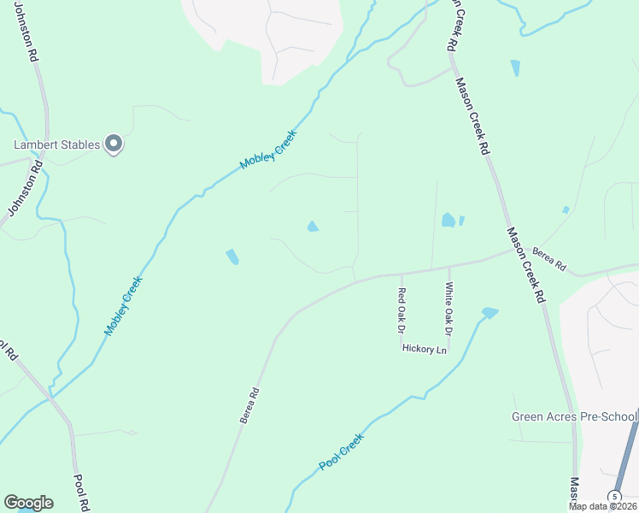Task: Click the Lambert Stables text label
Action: pyautogui.click(x=55, y=144)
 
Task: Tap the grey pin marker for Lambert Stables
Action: pyautogui.click(x=114, y=144)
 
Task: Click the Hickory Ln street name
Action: pyautogui.click(x=425, y=350)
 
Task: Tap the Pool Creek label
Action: pyautogui.click(x=342, y=451)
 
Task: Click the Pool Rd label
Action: pyautogui.click(x=80, y=492)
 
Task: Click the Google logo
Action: pyautogui.click(x=28, y=503)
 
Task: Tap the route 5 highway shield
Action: pyautogui.click(x=613, y=497)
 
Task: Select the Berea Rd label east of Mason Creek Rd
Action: pyautogui.click(x=548, y=259)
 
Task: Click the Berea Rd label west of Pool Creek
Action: pyautogui.click(x=249, y=406)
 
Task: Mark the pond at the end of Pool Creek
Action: pyautogui.click(x=490, y=313)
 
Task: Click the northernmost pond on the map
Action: pyautogui.click(x=514, y=68)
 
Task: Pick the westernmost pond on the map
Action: pyautogui.click(x=232, y=256)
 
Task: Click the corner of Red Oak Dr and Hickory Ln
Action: pyautogui.click(x=401, y=347)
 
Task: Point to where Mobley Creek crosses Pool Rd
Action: pyautogui.click(x=51, y=396)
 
